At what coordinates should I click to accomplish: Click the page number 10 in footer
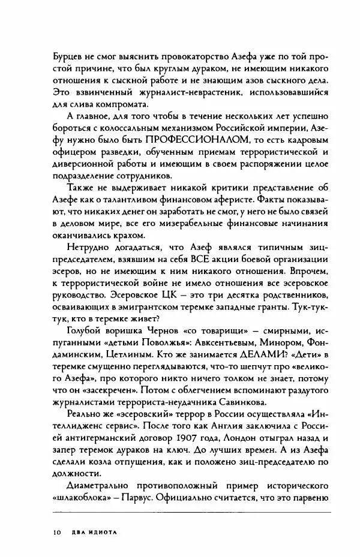point(57,531)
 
